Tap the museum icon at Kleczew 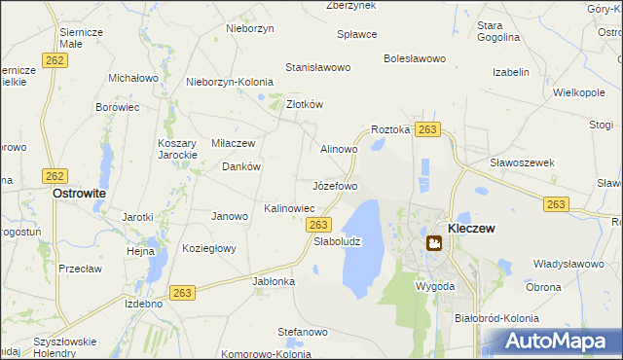point(433,243)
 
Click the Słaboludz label point(337,242)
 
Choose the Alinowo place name point(340,149)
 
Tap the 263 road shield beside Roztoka point(427,129)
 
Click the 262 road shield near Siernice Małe point(55,59)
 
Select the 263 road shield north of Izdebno point(181,292)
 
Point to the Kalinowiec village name point(289,208)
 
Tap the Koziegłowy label point(209,248)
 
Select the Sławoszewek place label point(522,162)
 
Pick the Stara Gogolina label point(496,32)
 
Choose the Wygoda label point(434,287)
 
